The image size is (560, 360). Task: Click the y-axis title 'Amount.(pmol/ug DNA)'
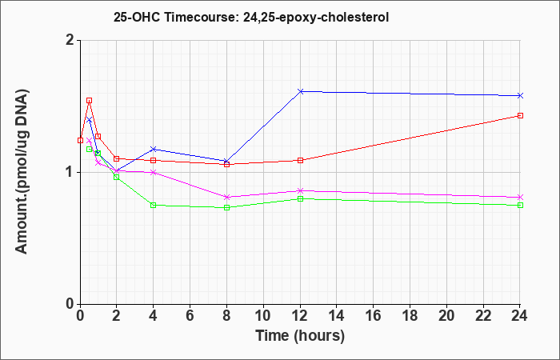(22, 171)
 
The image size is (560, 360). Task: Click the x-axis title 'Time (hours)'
(300, 336)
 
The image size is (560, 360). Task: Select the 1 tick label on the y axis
(71, 173)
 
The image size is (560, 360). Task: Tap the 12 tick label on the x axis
(300, 316)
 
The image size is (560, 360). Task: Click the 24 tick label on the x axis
(519, 316)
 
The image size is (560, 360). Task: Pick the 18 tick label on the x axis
(410, 316)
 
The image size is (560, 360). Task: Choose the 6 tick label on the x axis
(190, 316)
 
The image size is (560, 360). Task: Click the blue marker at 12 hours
(300, 91)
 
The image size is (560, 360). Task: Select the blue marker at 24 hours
(520, 95)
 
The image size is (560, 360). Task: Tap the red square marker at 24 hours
(520, 115)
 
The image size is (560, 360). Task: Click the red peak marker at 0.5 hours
(90, 100)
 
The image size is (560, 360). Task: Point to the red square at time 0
(80, 140)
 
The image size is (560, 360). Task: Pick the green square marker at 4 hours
(154, 205)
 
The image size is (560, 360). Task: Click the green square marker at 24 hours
(520, 205)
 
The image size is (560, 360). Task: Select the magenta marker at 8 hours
(226, 197)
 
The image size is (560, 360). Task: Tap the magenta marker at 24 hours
(520, 197)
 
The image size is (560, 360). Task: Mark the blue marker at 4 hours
(154, 149)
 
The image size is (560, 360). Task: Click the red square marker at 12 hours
(300, 160)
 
